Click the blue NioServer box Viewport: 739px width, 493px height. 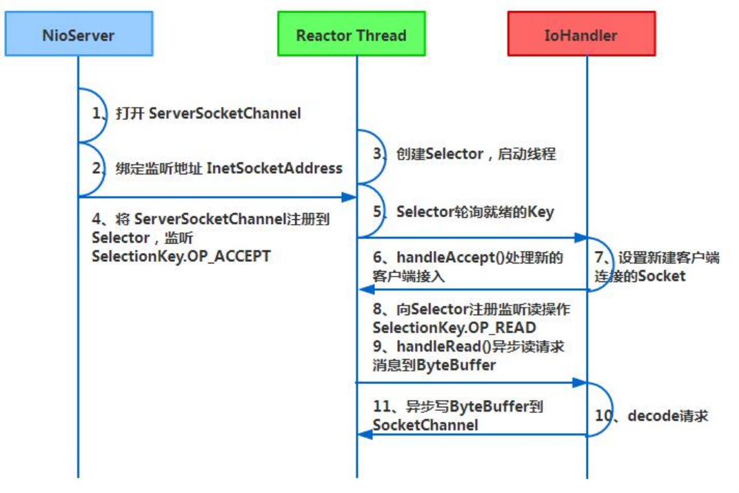coord(79,34)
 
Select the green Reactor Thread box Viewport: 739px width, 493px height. coord(351,34)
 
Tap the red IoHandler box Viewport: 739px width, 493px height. coord(581,34)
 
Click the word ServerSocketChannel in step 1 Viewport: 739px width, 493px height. coord(225,114)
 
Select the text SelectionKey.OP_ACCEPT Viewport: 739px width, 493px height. coord(181,256)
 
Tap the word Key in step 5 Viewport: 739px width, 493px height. coord(542,212)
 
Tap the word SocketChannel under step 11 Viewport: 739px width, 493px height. coord(425,425)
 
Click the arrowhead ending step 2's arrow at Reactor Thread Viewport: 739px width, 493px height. coord(351,197)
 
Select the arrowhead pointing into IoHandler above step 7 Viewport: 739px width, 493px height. coord(582,238)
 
